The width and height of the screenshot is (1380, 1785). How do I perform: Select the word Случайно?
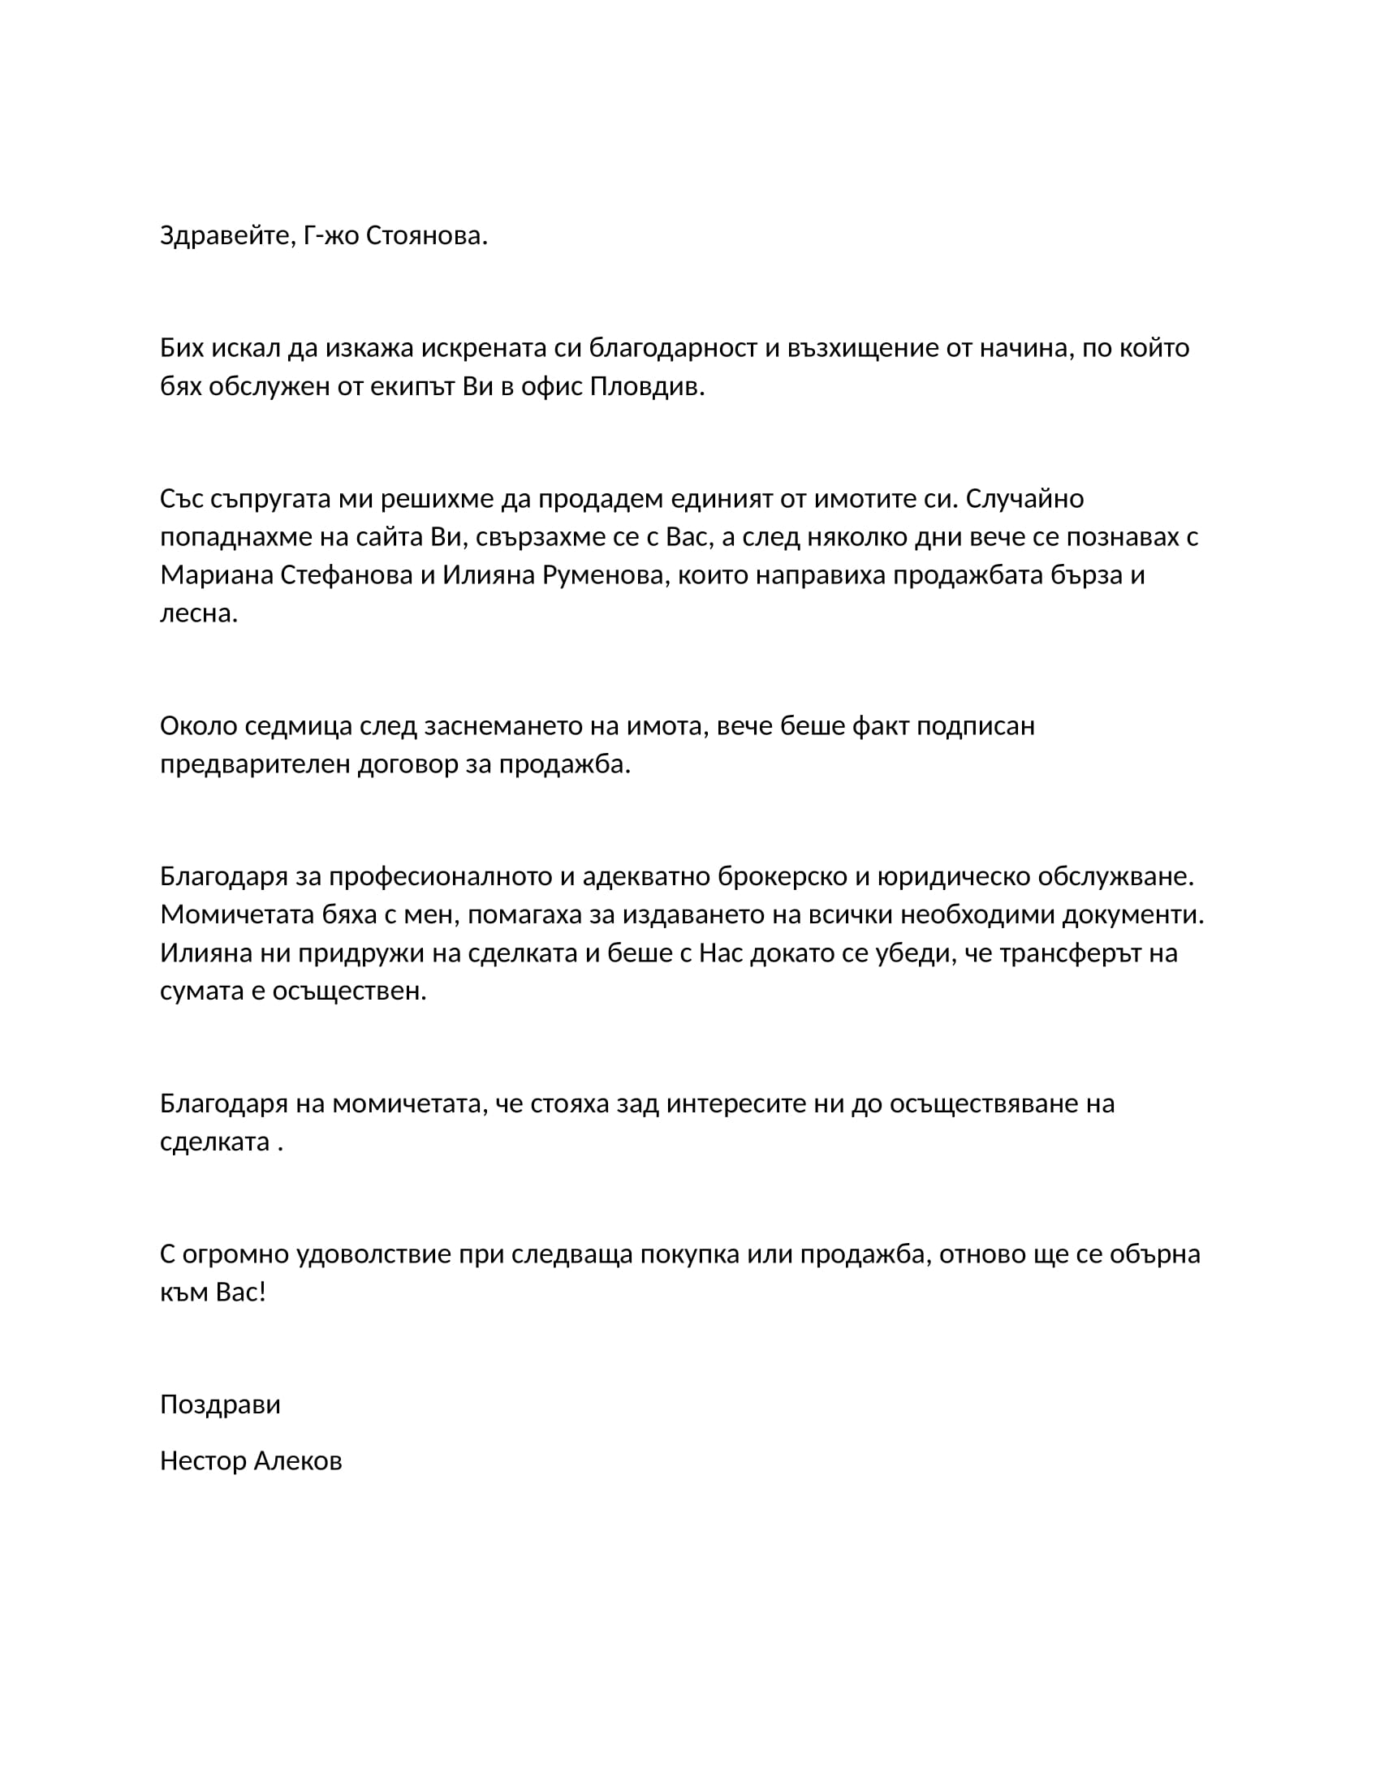point(1024,498)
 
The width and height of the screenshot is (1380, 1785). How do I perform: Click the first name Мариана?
point(217,575)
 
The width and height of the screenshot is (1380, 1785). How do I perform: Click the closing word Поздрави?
point(220,1404)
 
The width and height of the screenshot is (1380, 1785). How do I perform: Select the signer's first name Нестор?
point(202,1460)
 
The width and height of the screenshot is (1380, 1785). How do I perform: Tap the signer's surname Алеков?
point(297,1460)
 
